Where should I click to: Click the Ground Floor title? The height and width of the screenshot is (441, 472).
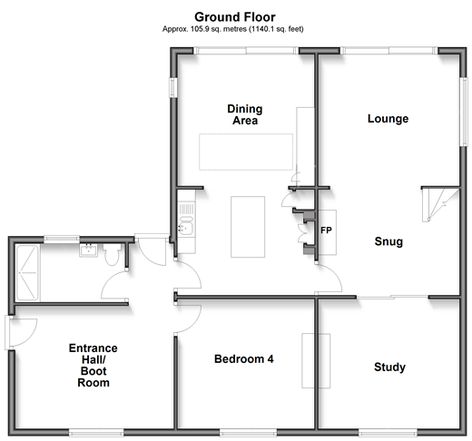coord(235,17)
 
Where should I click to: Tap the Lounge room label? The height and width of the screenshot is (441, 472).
coord(388,119)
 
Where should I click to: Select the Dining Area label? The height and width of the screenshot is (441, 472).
coord(245,114)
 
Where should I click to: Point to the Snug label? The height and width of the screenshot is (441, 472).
coord(388,241)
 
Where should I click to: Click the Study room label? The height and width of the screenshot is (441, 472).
coord(389,367)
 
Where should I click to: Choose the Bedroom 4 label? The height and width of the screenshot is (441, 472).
coord(244,359)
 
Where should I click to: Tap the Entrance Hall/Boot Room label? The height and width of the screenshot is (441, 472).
coord(93,366)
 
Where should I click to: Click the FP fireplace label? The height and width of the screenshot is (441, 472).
coord(326,230)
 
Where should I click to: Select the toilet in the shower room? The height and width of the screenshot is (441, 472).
coord(112,254)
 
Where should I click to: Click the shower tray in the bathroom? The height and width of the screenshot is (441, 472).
coord(27,273)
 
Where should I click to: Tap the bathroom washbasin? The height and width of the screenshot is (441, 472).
coord(89,250)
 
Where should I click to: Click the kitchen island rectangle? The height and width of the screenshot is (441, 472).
coord(248,227)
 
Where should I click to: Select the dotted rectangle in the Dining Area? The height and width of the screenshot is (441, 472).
coord(246,152)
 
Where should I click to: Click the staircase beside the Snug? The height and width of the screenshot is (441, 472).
coord(440,204)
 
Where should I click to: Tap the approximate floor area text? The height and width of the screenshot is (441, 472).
coord(233,29)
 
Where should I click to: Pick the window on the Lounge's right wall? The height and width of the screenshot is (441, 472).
coord(463,112)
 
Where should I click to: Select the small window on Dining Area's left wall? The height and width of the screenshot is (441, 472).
coord(172,88)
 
